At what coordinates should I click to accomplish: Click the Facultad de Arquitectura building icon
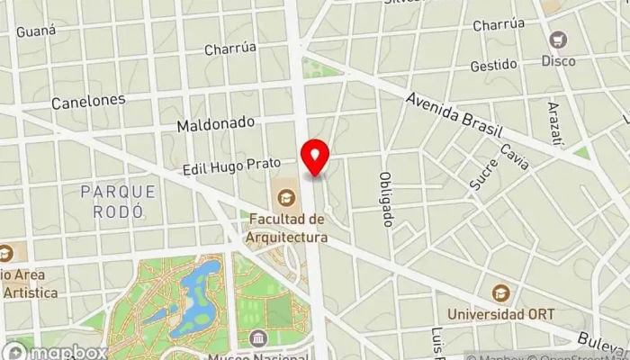286,195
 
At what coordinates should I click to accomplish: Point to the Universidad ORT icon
500,292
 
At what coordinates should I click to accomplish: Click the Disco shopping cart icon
559,40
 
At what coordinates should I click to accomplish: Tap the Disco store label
559,60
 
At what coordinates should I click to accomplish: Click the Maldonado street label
216,122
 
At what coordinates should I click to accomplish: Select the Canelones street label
87,101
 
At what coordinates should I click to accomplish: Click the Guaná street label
36,31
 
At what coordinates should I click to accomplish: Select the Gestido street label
493,66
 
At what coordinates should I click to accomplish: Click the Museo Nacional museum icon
260,338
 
